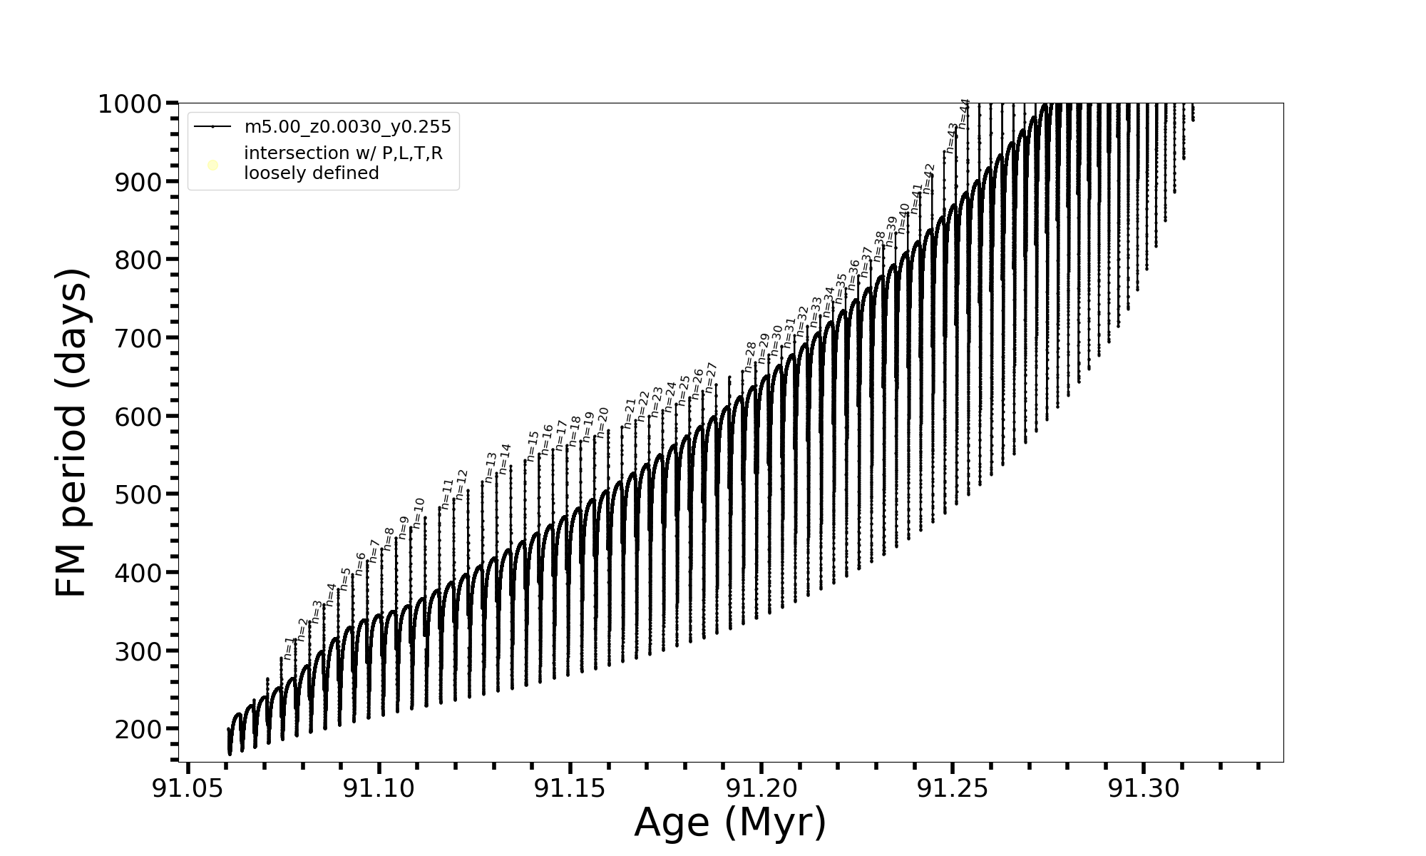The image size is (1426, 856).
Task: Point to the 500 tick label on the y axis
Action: coord(138,494)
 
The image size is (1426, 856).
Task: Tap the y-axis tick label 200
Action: coord(138,729)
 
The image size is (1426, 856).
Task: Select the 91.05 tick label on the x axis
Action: coord(188,788)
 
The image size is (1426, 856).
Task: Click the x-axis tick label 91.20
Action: coord(761,788)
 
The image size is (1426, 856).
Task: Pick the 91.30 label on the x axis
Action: coord(1143,788)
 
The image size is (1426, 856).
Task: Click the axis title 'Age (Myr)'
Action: coord(730,822)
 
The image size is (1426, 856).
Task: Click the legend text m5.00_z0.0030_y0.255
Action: coord(347,127)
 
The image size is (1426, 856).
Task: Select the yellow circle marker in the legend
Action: coord(212,165)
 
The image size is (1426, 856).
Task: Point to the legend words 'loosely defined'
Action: coord(311,173)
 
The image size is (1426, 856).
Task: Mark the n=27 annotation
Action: coord(710,377)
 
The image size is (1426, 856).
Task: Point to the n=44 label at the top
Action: coord(963,113)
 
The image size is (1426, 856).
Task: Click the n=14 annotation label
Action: coord(505,459)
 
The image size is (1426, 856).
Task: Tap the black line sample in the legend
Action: coord(212,127)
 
